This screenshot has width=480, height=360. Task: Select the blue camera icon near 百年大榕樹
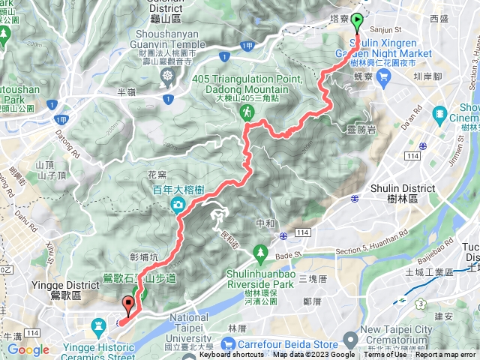[x=179, y=205]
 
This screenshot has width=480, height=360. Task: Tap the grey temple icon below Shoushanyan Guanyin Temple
[x=166, y=76]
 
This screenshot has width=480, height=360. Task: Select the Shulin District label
[x=403, y=188]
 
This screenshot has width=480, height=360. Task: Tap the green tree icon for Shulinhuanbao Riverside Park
[x=261, y=250]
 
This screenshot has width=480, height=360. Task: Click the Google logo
[x=28, y=349]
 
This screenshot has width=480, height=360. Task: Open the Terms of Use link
[x=385, y=355]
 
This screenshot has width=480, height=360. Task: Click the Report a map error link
[x=446, y=355]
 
